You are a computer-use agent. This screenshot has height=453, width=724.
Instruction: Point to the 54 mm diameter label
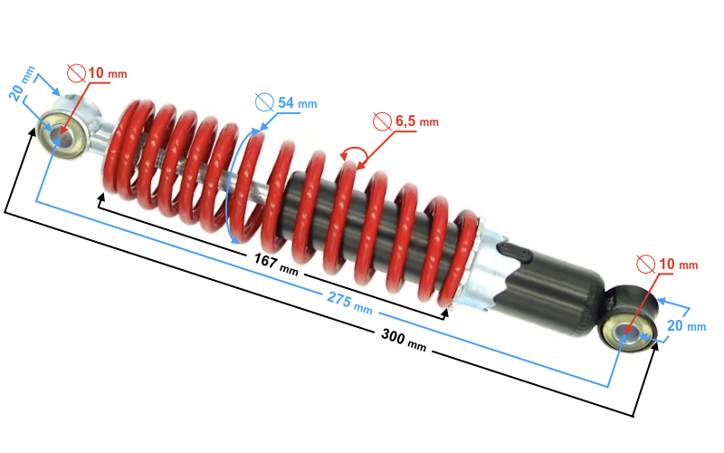[297, 103]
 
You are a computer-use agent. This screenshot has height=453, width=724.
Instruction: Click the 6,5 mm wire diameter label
[416, 121]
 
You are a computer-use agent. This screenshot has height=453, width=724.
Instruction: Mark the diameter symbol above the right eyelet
[646, 265]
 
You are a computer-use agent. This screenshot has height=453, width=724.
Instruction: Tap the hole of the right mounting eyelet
[630, 333]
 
